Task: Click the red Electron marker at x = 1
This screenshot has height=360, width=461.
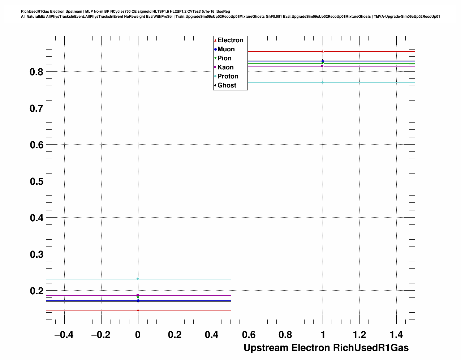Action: click(323, 52)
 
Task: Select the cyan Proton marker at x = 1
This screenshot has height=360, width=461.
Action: click(322, 82)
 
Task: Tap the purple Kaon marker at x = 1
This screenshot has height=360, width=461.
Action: click(322, 66)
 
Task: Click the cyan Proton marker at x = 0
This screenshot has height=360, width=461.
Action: click(138, 279)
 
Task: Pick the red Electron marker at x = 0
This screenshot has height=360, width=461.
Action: click(138, 310)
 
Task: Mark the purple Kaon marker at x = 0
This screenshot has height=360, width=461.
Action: click(138, 295)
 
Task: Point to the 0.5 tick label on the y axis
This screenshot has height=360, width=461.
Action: click(36, 181)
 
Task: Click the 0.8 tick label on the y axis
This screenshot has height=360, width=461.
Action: click(36, 72)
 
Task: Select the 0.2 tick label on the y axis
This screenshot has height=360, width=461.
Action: click(36, 291)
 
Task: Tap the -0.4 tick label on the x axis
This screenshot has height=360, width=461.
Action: click(64, 335)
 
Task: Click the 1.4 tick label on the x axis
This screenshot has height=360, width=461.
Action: click(396, 335)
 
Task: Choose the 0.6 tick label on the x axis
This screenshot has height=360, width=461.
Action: click(249, 335)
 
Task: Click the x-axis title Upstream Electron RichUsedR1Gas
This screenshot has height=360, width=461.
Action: click(326, 348)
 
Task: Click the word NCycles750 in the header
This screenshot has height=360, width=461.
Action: click(121, 12)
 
